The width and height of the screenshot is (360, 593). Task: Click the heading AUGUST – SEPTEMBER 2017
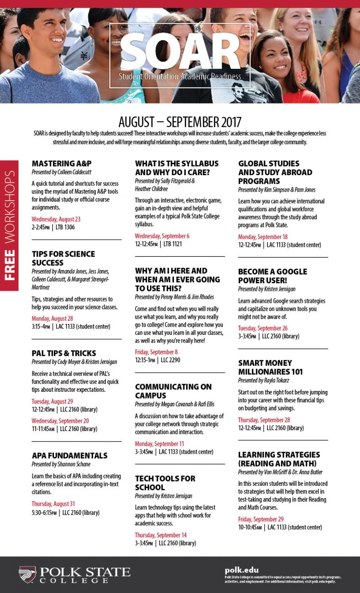(x=180, y=122)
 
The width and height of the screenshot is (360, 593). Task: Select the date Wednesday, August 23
(x=56, y=219)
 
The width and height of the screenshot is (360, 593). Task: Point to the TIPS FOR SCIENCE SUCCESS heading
(x=63, y=258)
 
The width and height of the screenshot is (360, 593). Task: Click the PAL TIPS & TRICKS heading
(x=64, y=353)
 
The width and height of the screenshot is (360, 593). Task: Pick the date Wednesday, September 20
(x=60, y=421)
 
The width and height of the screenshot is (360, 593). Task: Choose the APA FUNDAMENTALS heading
(x=69, y=455)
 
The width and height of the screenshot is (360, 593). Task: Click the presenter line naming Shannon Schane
(x=61, y=464)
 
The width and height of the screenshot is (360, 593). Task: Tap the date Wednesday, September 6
(x=162, y=236)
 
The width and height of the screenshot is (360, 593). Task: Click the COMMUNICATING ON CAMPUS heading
(x=173, y=391)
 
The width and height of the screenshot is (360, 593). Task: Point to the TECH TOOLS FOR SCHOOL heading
(x=165, y=483)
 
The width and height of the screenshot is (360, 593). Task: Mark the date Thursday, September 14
(x=161, y=535)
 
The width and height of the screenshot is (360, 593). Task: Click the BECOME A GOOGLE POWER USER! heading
(x=272, y=276)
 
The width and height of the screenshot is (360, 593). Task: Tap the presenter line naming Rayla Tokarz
(x=264, y=380)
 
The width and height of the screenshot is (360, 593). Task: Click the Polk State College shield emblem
(x=27, y=575)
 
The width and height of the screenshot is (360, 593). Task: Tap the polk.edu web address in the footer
(x=241, y=570)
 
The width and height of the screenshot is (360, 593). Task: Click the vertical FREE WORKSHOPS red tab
(x=9, y=225)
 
